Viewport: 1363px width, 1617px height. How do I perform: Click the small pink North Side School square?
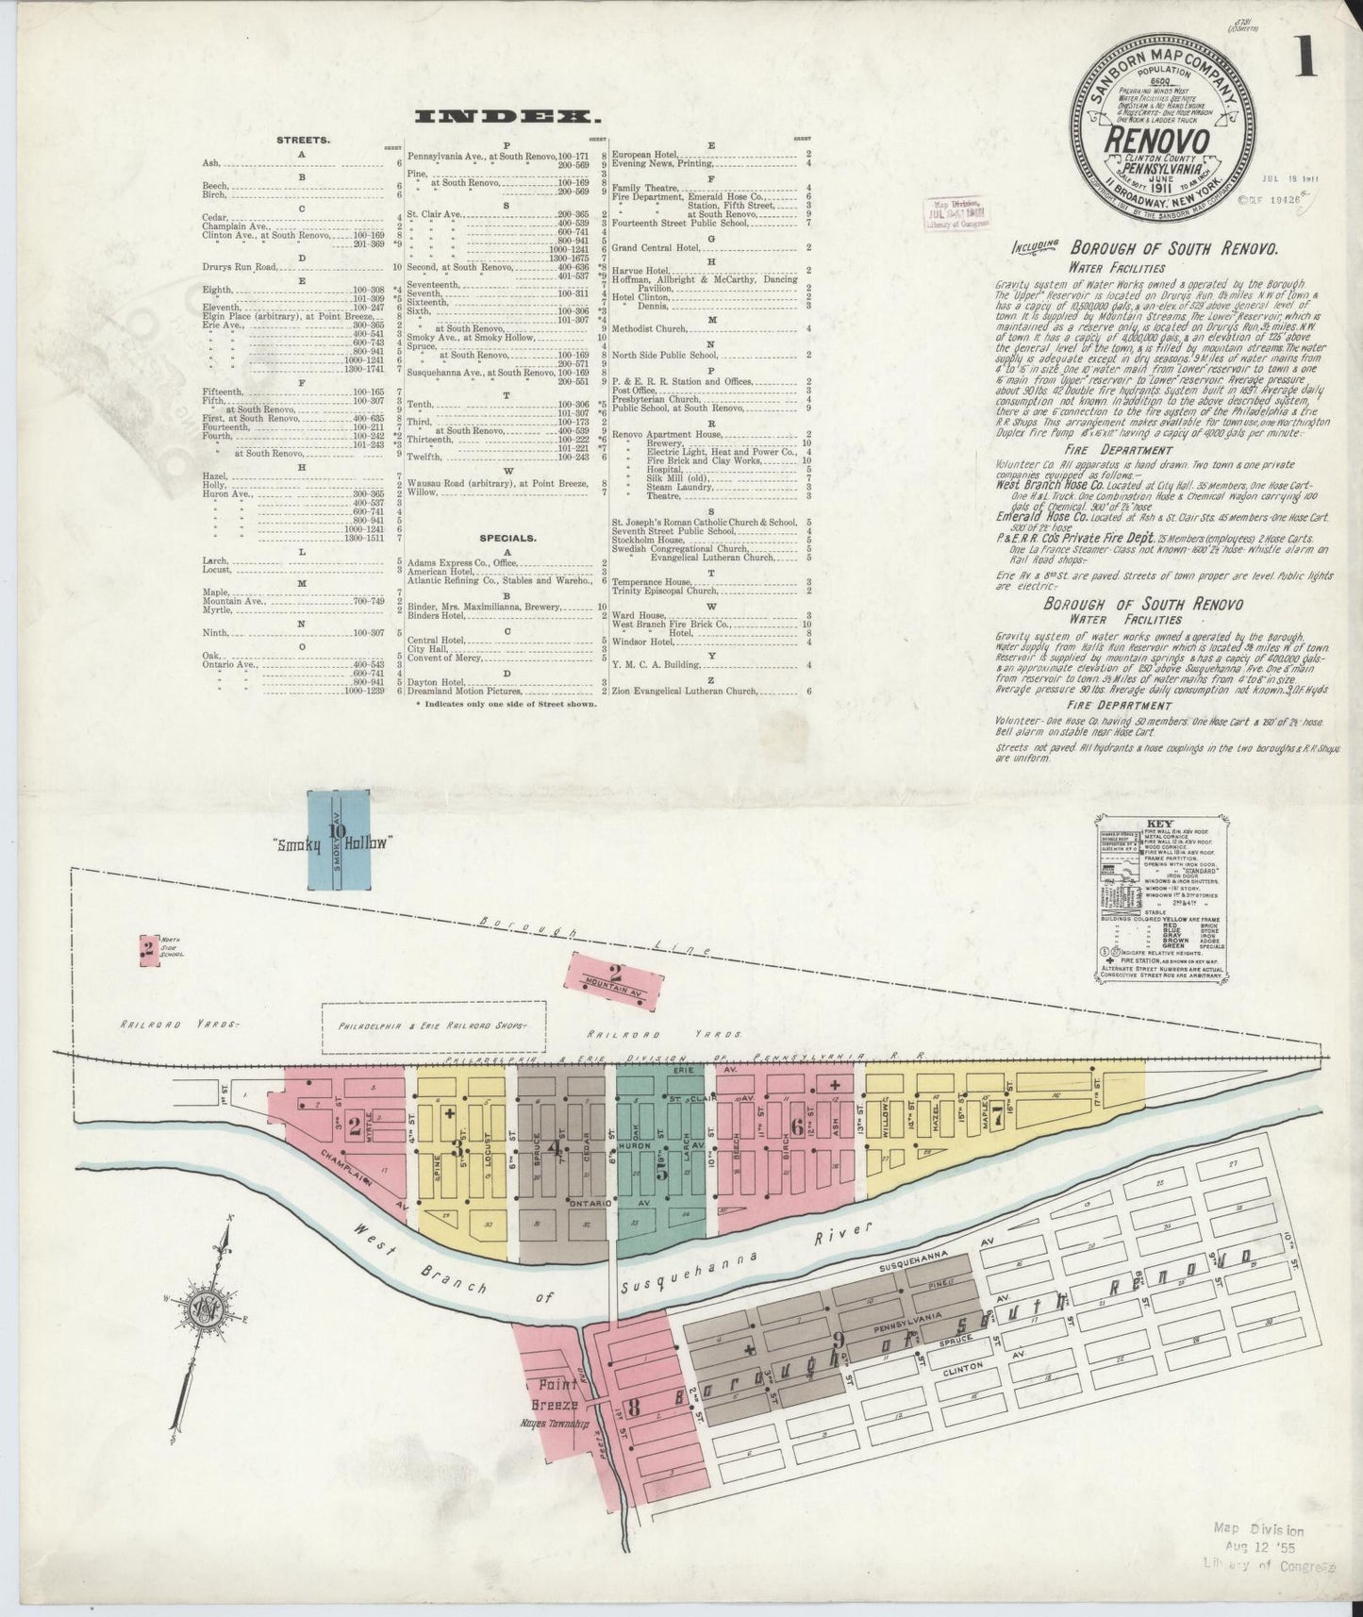(x=147, y=947)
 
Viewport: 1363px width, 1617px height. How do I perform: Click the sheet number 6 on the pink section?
(x=797, y=1127)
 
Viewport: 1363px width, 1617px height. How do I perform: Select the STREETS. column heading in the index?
(x=303, y=140)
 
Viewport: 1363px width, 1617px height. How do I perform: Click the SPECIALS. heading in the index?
(x=507, y=539)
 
